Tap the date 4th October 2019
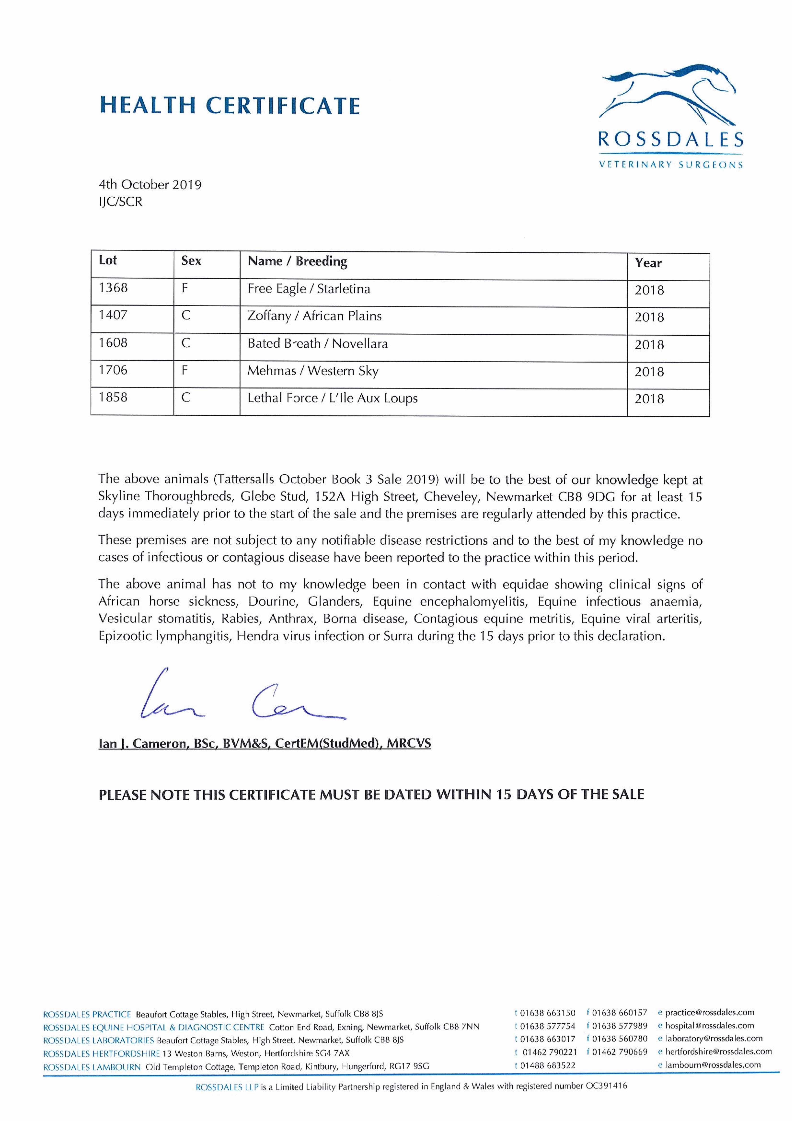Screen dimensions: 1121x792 click(150, 185)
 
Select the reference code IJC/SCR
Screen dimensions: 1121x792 click(121, 202)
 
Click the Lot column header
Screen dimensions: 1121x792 click(108, 260)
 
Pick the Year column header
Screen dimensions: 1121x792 click(648, 263)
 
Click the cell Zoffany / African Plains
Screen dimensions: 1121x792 click(314, 316)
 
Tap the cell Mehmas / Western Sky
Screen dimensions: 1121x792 click(313, 371)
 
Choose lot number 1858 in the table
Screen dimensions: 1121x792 click(113, 398)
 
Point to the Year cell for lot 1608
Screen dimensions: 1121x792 click(649, 345)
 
